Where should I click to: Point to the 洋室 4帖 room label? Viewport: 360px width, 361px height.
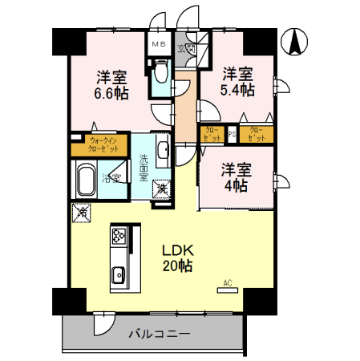tap(235, 177)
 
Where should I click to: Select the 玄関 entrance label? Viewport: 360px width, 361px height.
tap(192, 49)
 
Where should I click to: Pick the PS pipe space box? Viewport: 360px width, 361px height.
tap(232, 134)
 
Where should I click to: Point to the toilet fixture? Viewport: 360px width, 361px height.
tap(159, 75)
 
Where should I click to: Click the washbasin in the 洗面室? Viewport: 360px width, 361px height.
tap(160, 149)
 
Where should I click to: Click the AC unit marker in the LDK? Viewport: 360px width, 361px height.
tap(226, 286)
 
